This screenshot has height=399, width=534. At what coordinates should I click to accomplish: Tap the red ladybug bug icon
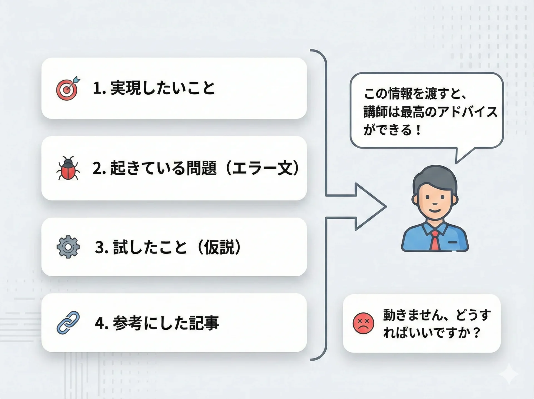(x=68, y=168)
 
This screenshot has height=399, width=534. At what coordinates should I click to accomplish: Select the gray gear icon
(x=68, y=247)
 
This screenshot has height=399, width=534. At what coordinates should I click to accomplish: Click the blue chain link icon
(x=68, y=322)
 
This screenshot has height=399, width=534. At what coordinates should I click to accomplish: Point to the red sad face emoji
(x=363, y=323)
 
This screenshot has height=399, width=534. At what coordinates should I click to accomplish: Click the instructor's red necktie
(x=435, y=240)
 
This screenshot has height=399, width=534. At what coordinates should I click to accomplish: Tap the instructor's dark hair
(x=435, y=178)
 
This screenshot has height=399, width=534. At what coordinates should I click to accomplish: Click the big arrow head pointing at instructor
(x=371, y=206)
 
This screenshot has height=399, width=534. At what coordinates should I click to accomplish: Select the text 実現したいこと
(x=163, y=88)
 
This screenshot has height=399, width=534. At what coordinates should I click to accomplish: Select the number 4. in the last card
(x=102, y=323)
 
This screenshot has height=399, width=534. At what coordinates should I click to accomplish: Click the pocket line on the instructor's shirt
(x=453, y=242)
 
